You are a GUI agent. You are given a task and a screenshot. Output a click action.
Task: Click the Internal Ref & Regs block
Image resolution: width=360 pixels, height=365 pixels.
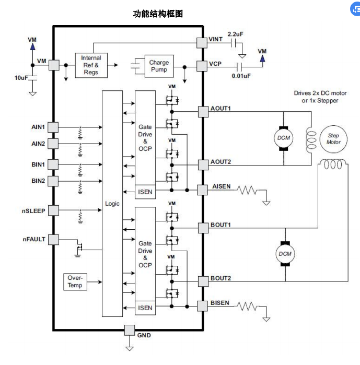[x=91, y=65]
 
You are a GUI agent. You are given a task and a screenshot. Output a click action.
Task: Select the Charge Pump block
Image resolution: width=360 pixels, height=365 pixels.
[x=159, y=66]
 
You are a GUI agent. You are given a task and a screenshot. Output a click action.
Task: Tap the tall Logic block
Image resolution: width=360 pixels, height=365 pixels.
[x=112, y=204]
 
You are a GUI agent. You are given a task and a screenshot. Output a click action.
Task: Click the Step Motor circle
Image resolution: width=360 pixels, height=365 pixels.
[x=333, y=139]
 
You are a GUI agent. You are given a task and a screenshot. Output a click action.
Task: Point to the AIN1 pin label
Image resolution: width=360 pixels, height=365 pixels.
[x=38, y=127]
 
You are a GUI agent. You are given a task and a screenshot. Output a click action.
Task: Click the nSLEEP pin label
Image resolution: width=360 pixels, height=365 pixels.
[x=33, y=211]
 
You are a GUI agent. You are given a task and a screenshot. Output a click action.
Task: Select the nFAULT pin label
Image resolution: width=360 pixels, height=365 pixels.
[x=34, y=239]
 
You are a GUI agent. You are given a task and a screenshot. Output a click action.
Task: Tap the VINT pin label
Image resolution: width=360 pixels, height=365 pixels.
[x=216, y=39]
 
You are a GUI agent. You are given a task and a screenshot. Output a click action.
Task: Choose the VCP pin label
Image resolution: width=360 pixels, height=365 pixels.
[x=215, y=64]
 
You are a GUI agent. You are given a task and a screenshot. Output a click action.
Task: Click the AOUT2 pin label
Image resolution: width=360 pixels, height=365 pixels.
[x=220, y=162]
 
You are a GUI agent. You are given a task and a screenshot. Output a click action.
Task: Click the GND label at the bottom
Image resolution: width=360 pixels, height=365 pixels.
[x=144, y=335]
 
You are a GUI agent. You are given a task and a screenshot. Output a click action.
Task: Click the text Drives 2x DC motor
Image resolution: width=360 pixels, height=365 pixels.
[x=320, y=93]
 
